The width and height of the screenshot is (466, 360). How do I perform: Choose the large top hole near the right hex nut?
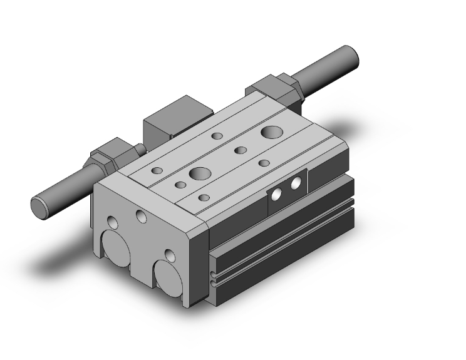pos(272,132)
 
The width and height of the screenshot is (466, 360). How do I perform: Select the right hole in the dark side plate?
pos(294,185)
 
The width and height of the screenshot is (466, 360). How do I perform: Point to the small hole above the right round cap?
pos(168,254)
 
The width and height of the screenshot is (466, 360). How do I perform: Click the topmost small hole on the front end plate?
pos(140,215)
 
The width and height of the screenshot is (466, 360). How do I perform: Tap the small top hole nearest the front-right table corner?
pos(203,198)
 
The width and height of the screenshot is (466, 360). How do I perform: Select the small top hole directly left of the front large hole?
pos(180,185)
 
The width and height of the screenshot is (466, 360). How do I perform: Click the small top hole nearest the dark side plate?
pos(264,163)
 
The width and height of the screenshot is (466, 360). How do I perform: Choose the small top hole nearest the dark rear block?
pos(217,136)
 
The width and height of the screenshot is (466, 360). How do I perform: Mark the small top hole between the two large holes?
pos(240,150)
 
